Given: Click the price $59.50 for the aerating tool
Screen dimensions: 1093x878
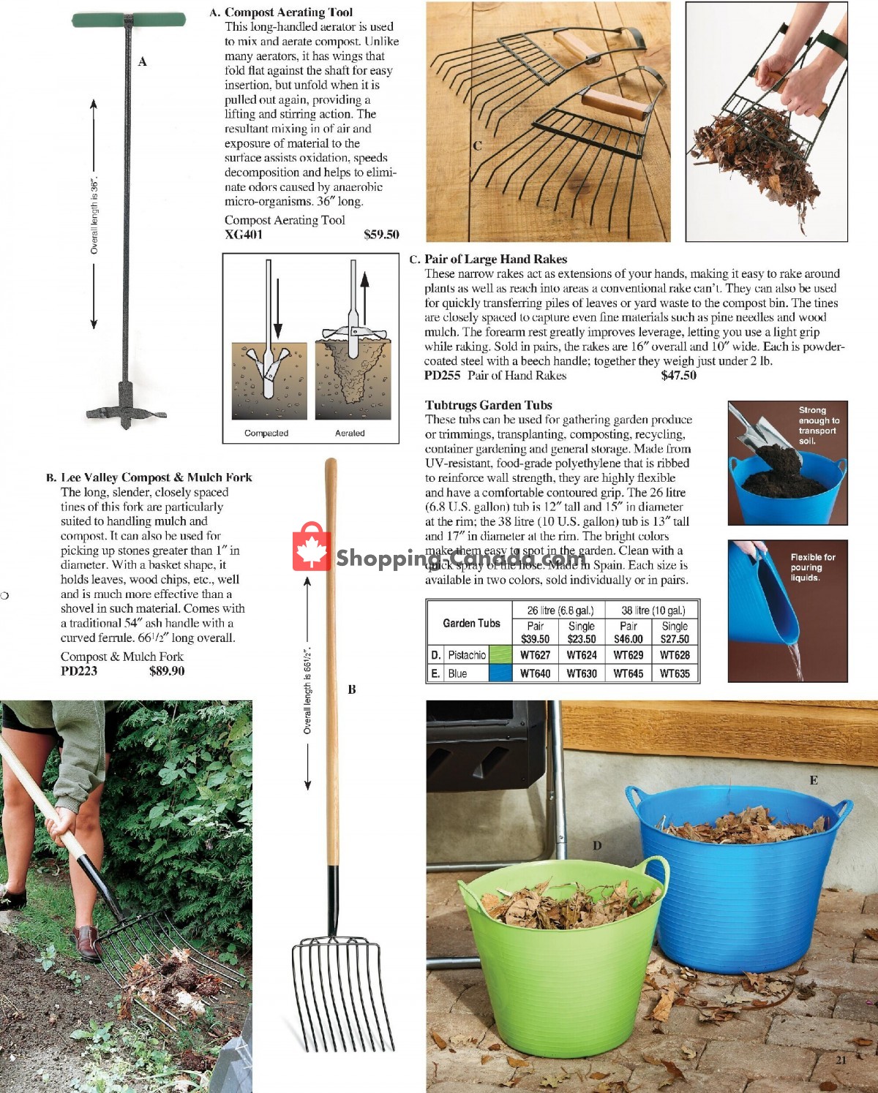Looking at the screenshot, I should [x=381, y=235].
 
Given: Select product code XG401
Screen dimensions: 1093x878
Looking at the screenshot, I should [x=244, y=235].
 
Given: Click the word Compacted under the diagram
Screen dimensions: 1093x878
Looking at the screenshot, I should [x=266, y=433].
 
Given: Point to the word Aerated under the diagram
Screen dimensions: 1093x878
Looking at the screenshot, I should [x=350, y=433].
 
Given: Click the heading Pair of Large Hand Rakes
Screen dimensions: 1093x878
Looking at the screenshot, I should [x=495, y=259].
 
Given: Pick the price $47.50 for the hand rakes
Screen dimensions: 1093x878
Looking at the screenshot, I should [x=678, y=376].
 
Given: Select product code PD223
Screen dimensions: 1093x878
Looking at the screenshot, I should [x=79, y=671].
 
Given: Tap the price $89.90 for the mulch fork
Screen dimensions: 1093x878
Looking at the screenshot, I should [x=167, y=671].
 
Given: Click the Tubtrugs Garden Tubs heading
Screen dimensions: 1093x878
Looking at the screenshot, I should [x=489, y=405].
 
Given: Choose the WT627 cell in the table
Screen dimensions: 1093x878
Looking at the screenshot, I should [x=535, y=655].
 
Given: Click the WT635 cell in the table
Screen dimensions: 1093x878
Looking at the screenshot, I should [x=675, y=673].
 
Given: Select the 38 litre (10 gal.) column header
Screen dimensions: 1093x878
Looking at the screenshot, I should [x=653, y=610].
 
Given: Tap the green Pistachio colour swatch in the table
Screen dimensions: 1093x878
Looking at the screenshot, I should [x=500, y=655].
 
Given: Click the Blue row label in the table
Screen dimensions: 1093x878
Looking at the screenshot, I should [x=457, y=673].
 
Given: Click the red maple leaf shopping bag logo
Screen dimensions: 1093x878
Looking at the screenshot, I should [x=311, y=548].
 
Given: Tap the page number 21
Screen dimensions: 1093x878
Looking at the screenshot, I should [x=840, y=1059].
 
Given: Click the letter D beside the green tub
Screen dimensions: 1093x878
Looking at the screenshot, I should [x=597, y=846].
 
